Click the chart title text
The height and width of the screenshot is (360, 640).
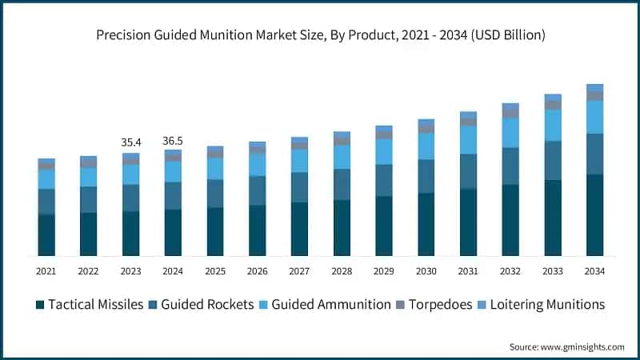click(x=320, y=34)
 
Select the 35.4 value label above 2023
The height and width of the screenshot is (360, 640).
click(x=130, y=142)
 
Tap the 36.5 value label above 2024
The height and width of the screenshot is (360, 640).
click(x=173, y=141)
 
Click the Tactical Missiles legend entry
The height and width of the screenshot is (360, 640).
click(x=95, y=304)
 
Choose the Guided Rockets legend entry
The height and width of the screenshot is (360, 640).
click(x=207, y=304)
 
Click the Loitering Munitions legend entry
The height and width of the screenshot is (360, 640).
click(x=542, y=304)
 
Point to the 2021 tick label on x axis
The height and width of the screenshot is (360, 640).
click(x=46, y=272)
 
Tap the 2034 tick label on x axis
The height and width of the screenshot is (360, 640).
click(x=594, y=272)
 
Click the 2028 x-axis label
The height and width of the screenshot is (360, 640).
click(x=342, y=272)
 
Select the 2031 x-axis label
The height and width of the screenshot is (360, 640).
click(x=468, y=272)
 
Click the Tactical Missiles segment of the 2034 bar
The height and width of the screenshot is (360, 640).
click(x=594, y=214)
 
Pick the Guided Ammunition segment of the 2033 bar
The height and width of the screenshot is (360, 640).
click(x=553, y=125)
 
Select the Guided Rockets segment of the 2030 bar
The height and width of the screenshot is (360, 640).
click(x=426, y=176)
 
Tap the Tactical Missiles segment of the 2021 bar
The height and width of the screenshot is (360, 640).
click(x=46, y=235)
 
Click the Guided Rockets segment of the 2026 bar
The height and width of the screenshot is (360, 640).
click(x=258, y=190)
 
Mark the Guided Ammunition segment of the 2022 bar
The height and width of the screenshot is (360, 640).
click(x=88, y=177)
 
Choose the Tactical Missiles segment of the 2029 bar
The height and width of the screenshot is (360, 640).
click(x=384, y=226)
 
